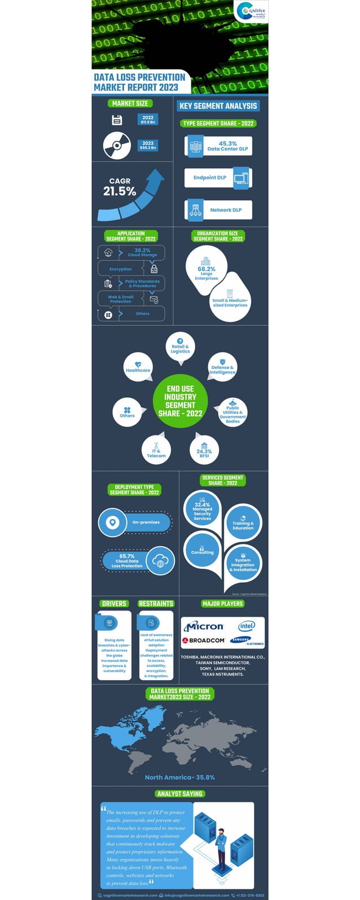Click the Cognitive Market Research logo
pos(252,12)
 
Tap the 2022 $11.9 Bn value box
pos(148,120)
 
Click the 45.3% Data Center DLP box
pos(218,146)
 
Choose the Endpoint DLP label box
pos(209,178)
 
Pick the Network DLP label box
pos(218,210)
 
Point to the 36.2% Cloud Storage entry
pos(142,252)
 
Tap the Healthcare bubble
pos(138,367)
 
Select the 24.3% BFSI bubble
pos(204,449)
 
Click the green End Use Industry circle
pos(180,401)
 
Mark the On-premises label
pos(146,523)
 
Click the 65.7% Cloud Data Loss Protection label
pos(127,561)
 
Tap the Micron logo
pos(204,626)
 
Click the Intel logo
pos(247,626)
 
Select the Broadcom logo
pos(204,640)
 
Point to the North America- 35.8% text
pos(179,777)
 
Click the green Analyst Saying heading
pos(180,793)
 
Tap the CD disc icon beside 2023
pos(117,145)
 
